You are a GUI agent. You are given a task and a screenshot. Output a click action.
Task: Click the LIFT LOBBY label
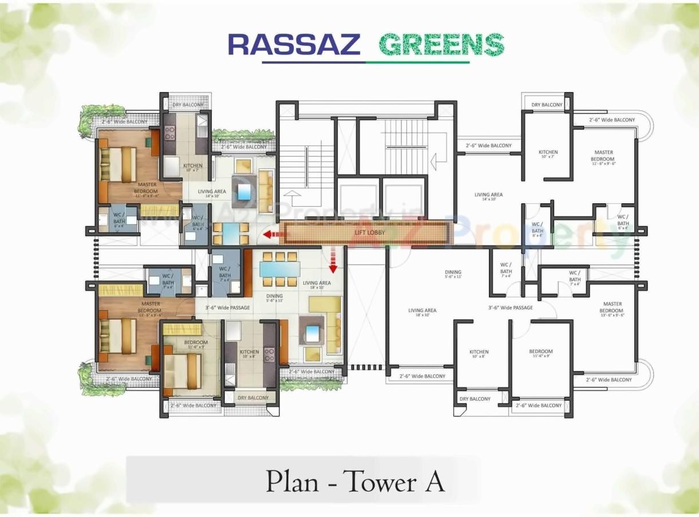click(x=369, y=232)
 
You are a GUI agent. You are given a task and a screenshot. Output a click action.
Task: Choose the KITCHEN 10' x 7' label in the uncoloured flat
click(x=548, y=155)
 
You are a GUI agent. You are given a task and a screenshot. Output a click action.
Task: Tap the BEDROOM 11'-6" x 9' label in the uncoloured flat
click(x=540, y=354)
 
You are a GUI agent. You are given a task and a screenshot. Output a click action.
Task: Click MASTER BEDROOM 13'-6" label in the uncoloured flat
click(x=611, y=309)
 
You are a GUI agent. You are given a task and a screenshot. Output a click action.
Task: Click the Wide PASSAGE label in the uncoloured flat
click(x=510, y=307)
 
